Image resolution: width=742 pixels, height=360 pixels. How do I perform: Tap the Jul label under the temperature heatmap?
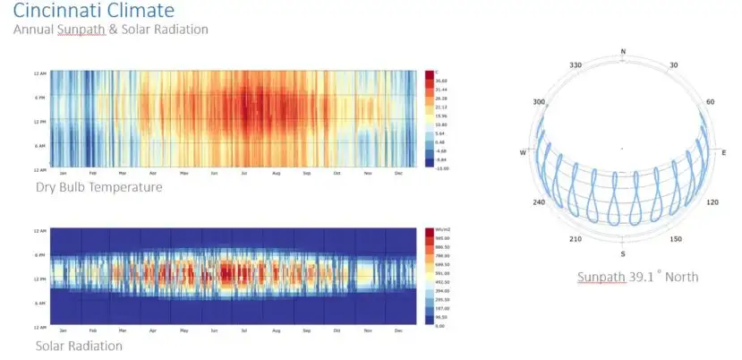pyautogui.click(x=244, y=174)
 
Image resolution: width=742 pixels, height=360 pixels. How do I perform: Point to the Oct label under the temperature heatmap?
pyautogui.click(x=337, y=174)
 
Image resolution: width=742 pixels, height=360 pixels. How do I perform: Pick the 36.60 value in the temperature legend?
pyautogui.click(x=442, y=80)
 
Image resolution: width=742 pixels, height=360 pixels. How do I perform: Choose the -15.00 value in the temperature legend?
pyautogui.click(x=442, y=167)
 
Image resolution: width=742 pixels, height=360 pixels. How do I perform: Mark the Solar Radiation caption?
pyautogui.click(x=79, y=345)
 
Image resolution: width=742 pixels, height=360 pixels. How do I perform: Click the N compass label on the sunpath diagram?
pyautogui.click(x=623, y=52)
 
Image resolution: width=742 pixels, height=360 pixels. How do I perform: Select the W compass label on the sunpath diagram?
pyautogui.click(x=522, y=152)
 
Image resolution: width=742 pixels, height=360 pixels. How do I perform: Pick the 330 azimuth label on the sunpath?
pyautogui.click(x=576, y=64)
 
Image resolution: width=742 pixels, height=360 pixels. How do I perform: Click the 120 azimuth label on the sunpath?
pyautogui.click(x=712, y=203)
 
